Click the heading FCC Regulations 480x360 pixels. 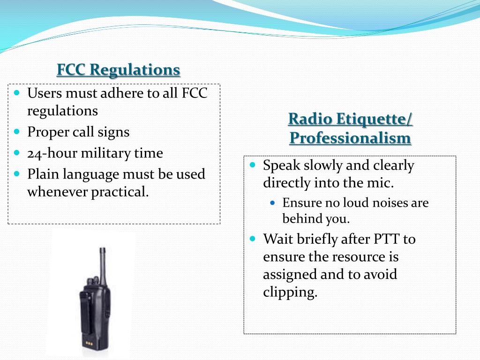[x=118, y=70]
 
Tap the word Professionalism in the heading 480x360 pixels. [x=350, y=138]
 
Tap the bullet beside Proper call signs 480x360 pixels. [x=17, y=132]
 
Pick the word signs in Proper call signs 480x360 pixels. [x=113, y=132]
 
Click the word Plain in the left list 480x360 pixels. [x=42, y=174]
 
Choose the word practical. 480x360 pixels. [x=123, y=192]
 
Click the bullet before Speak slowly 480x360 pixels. [x=253, y=165]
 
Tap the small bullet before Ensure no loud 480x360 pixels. [x=274, y=203]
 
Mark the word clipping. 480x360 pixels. [x=290, y=292]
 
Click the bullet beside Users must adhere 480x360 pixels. [x=17, y=93]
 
